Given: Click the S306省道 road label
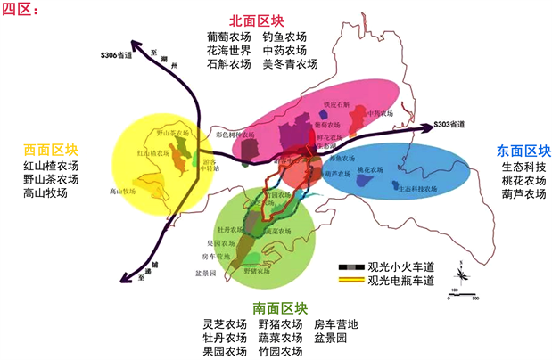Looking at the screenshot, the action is (111, 55).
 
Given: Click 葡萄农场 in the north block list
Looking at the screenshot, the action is (228, 37).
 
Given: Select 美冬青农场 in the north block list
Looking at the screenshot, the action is (290, 64).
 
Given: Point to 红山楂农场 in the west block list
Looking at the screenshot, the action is (51, 166).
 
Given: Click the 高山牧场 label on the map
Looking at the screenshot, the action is (121, 191).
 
